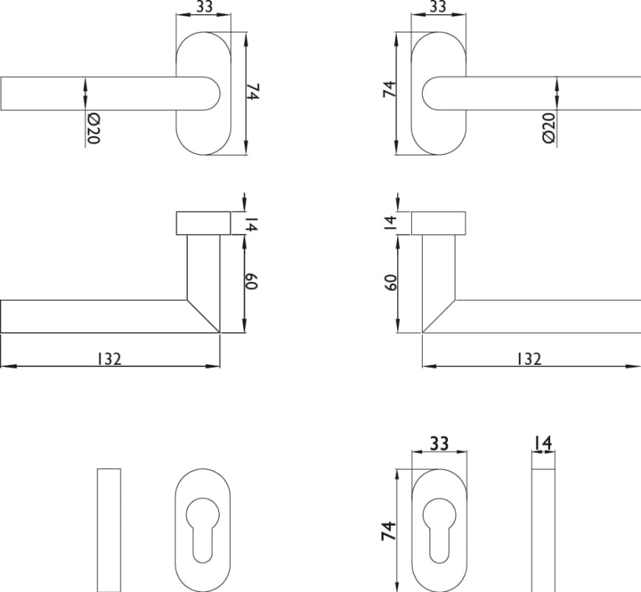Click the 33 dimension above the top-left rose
click(x=204, y=7)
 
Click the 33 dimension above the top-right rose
click(x=438, y=7)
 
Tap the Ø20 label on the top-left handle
click(x=94, y=129)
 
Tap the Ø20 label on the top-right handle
click(x=549, y=127)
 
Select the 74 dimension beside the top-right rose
click(x=390, y=89)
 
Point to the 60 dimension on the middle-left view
click(x=251, y=281)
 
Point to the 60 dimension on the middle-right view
click(x=391, y=282)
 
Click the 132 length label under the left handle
click(x=109, y=359)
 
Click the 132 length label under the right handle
click(x=529, y=359)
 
